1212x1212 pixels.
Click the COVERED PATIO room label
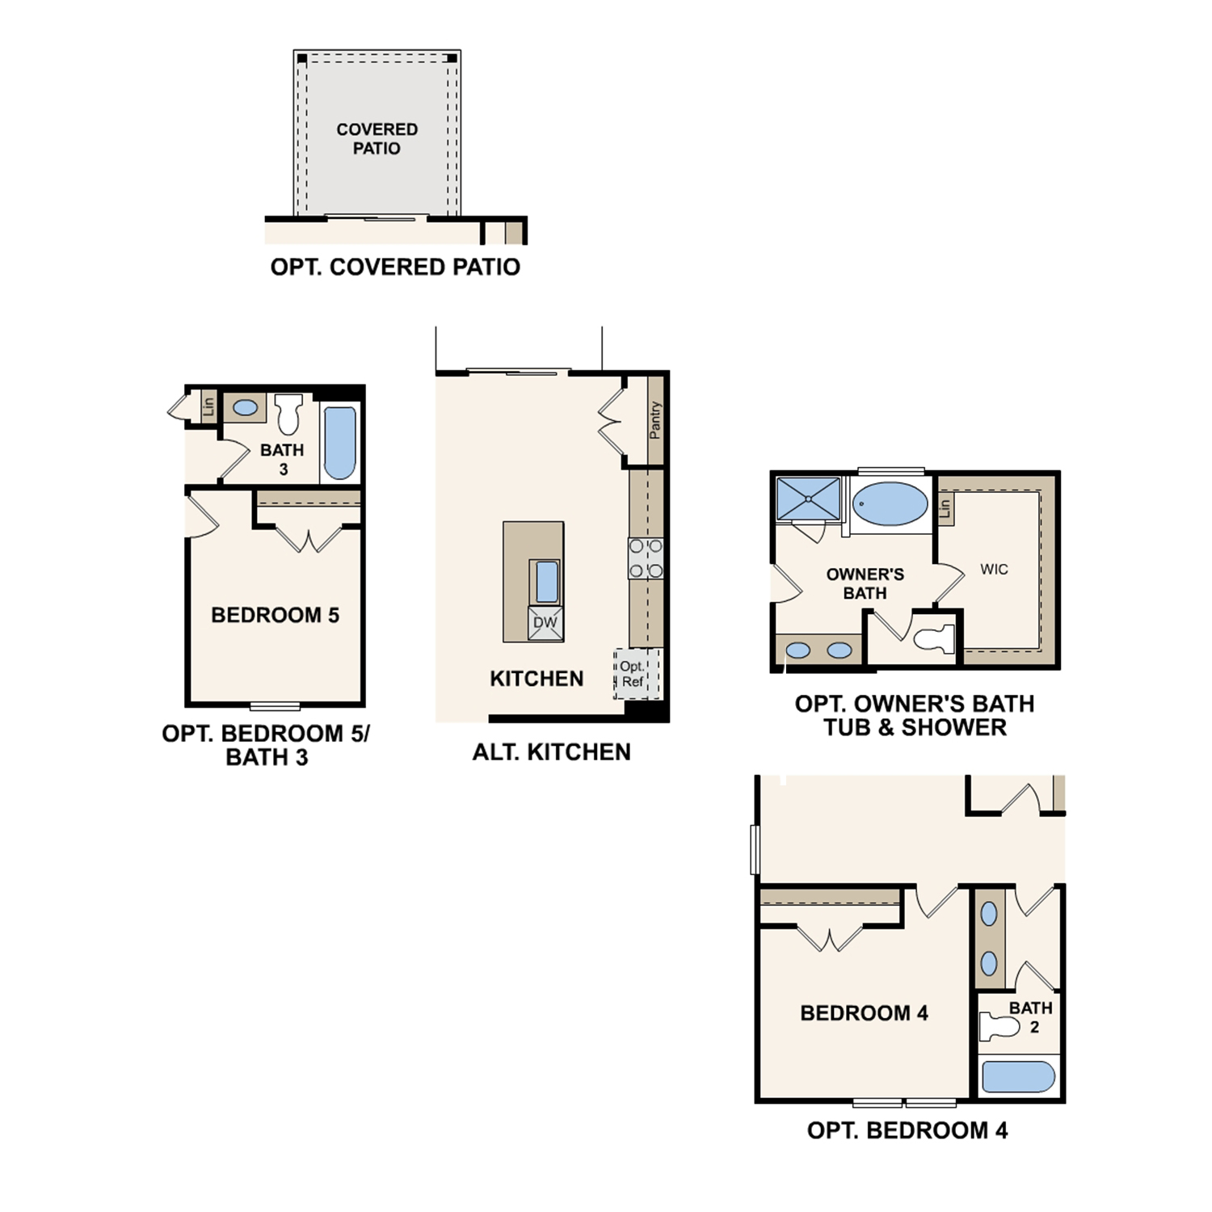(377, 139)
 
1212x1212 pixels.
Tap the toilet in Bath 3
(288, 414)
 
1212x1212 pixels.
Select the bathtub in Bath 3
(339, 443)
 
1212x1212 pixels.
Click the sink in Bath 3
(245, 408)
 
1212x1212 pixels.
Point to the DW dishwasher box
(545, 623)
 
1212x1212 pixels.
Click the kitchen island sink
(546, 582)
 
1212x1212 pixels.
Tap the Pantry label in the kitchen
(654, 420)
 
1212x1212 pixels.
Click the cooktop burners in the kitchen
(646, 558)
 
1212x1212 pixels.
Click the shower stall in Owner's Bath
(808, 499)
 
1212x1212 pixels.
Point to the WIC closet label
(994, 570)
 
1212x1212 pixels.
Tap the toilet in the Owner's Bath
(935, 639)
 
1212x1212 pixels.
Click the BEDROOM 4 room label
(864, 1013)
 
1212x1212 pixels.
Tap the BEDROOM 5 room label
(275, 616)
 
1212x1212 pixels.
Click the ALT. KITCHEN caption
(551, 752)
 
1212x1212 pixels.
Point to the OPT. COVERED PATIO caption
(395, 267)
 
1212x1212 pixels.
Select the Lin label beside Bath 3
(208, 406)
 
